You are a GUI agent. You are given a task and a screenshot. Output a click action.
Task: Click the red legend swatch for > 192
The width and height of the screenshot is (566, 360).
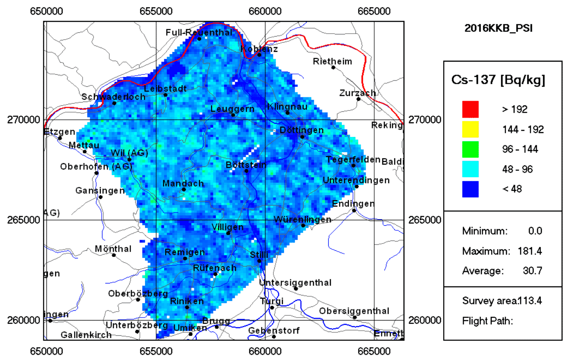click(470, 109)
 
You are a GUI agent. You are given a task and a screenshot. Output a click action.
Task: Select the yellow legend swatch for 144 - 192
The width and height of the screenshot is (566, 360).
click(470, 129)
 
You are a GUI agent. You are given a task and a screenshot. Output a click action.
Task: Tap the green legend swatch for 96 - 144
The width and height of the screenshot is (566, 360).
click(470, 149)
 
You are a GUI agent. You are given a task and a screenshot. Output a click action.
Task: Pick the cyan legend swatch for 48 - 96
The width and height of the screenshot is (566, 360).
click(470, 169)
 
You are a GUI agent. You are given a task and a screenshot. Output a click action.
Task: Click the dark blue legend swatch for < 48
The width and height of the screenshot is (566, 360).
click(470, 189)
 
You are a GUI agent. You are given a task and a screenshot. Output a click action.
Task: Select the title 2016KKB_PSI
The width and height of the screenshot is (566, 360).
click(498, 28)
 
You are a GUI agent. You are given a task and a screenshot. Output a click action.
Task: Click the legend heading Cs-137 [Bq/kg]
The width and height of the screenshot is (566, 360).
click(498, 80)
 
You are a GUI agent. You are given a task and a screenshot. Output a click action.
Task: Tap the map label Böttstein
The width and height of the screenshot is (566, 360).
click(246, 164)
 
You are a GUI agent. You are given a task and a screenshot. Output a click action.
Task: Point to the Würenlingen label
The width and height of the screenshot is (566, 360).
click(302, 220)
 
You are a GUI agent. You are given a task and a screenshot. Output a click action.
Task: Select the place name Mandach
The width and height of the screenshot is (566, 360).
click(183, 184)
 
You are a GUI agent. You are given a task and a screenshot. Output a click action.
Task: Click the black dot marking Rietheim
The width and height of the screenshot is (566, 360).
click(333, 67)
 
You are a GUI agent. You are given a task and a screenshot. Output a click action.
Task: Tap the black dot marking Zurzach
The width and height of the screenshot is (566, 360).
click(358, 99)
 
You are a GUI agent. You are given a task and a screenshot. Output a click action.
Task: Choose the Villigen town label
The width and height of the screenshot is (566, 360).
click(228, 227)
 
